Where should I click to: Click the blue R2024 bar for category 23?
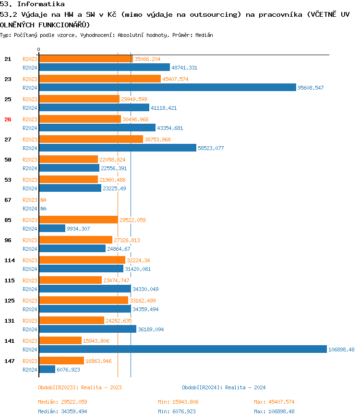pyautogui.click(x=168, y=87)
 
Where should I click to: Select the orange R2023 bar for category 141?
pyautogui.click(x=60, y=340)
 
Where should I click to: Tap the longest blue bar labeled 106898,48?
pyautogui.click(x=183, y=349)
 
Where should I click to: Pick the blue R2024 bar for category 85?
pyautogui.click(x=52, y=228)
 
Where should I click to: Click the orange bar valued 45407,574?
pyautogui.click(x=100, y=79)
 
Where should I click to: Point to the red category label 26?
pyautogui.click(x=8, y=119)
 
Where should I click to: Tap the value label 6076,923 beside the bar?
pyautogui.click(x=68, y=370)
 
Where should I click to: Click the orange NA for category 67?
pyautogui.click(x=43, y=200)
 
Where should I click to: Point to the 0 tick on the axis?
pyautogui.click(x=39, y=49)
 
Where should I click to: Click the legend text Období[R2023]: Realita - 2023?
pyautogui.click(x=80, y=387)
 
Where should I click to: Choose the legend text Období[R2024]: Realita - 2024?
pyautogui.click(x=224, y=387)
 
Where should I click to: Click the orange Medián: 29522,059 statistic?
pyautogui.click(x=62, y=402)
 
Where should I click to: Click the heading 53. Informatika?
pyautogui.click(x=32, y=4)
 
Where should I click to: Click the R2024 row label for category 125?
pyautogui.click(x=30, y=309)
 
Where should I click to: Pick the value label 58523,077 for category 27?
pyautogui.click(x=211, y=148)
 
